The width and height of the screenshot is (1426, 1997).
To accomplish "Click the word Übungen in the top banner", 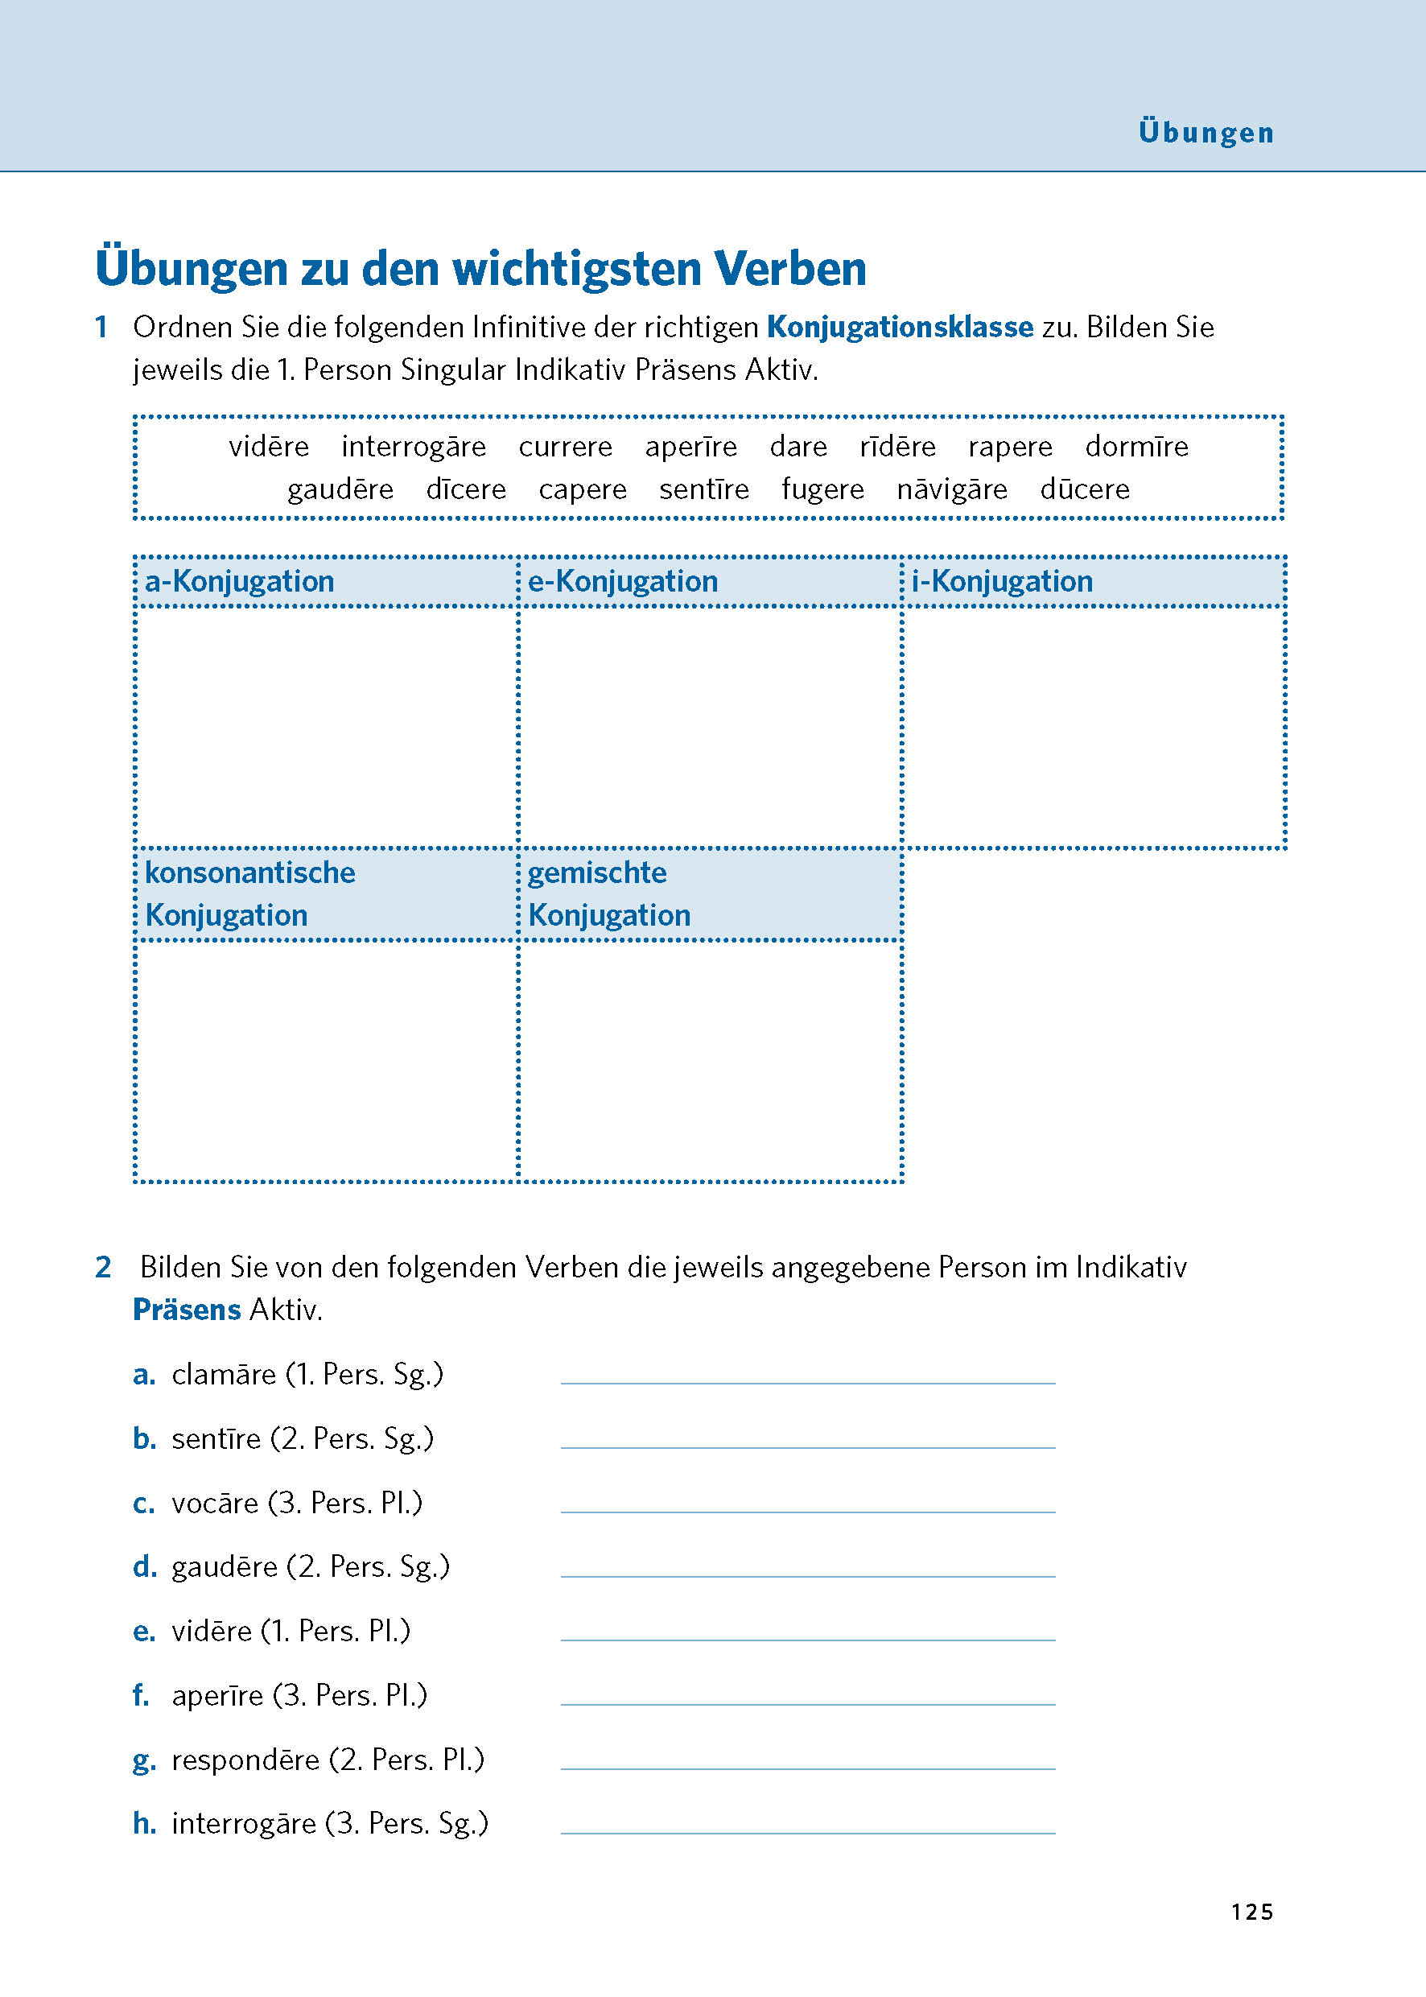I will pos(1206,132).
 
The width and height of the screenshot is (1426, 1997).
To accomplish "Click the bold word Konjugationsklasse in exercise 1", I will pos(899,327).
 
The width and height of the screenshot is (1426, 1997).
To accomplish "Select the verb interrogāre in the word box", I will pos(414,447).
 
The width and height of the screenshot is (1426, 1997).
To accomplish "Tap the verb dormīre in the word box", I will pos(1136,447).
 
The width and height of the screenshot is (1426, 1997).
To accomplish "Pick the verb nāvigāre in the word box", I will pos(952,489).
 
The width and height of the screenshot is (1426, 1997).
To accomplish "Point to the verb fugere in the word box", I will pos(822,489).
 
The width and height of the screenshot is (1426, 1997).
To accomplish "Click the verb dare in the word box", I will pos(798,447).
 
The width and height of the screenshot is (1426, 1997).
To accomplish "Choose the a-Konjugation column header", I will pos(240,581).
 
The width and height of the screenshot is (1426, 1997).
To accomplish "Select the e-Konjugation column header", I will pos(623,581).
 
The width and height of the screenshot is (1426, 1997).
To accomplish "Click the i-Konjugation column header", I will pos(1002,581).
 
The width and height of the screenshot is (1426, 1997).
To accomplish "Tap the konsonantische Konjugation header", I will pos(250,894).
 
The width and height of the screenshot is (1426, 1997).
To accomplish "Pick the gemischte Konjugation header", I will pos(608,894).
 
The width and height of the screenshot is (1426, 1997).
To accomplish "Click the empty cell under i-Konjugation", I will pos(1093,727).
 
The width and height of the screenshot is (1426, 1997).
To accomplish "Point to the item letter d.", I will pos(144,1567).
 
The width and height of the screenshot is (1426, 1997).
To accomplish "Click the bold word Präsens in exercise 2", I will pos(186,1310).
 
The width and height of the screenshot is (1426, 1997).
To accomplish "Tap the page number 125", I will pos(1251,1912).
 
